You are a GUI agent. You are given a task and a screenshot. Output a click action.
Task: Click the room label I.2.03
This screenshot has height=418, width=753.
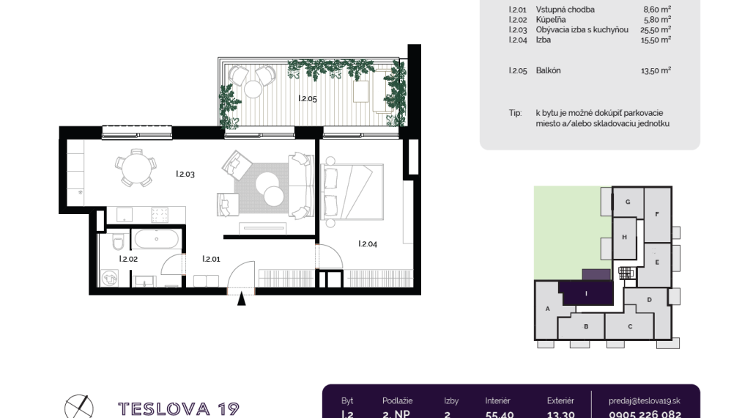pos(185,174)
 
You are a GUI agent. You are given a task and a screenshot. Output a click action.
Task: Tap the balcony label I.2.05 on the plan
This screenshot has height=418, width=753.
pos(307,98)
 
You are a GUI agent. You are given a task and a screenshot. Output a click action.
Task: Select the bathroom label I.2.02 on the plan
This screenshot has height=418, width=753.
pos(129,258)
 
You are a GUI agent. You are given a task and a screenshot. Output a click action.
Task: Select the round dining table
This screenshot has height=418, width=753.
pos(136,166)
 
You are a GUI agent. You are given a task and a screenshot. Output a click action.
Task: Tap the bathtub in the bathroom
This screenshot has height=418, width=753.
pos(155,239)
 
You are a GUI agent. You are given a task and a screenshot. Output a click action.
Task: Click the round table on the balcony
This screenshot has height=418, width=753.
pos(253,88)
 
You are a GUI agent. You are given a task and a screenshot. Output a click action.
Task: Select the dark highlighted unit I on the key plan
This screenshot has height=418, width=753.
pos(586,293)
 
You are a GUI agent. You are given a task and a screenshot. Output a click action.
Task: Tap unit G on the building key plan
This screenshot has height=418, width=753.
pos(627,202)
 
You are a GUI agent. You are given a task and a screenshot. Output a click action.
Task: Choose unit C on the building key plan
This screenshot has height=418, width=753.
pos(629,326)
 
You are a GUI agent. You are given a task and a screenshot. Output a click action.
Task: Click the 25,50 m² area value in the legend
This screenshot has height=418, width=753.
pos(656,30)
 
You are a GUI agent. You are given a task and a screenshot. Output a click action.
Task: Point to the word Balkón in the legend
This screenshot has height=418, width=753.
pos(549,71)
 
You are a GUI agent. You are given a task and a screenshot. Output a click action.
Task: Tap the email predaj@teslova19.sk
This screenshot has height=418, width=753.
pos(645,401)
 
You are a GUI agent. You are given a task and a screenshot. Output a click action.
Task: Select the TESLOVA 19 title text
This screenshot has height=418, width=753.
pos(179,408)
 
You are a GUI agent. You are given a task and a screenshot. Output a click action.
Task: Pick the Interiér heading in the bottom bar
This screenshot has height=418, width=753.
pos(497,401)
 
